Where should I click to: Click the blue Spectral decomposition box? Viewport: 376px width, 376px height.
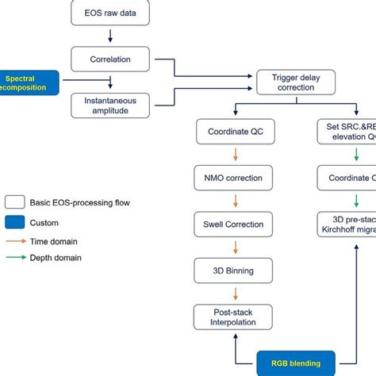(29, 82)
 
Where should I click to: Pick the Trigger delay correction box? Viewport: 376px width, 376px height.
(297, 80)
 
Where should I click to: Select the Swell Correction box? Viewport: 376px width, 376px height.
(233, 224)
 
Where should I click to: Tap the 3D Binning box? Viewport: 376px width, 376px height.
(233, 271)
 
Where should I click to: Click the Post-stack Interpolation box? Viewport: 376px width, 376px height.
(233, 317)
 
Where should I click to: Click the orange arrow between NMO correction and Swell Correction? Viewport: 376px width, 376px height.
(233, 201)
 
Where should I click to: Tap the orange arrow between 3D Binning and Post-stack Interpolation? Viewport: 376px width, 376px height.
(233, 293)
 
